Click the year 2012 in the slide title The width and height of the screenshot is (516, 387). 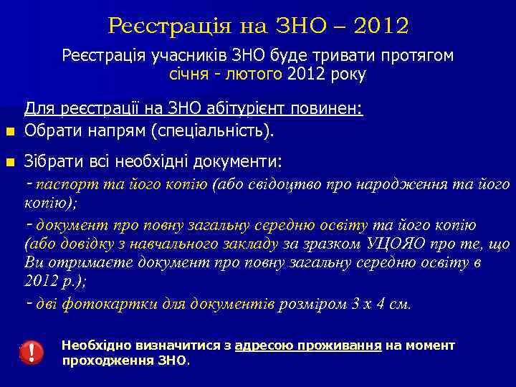coord(380,27)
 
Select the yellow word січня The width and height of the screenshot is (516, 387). coord(190,74)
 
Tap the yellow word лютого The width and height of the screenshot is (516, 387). coord(252,74)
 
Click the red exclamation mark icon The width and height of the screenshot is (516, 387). coord(32,352)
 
